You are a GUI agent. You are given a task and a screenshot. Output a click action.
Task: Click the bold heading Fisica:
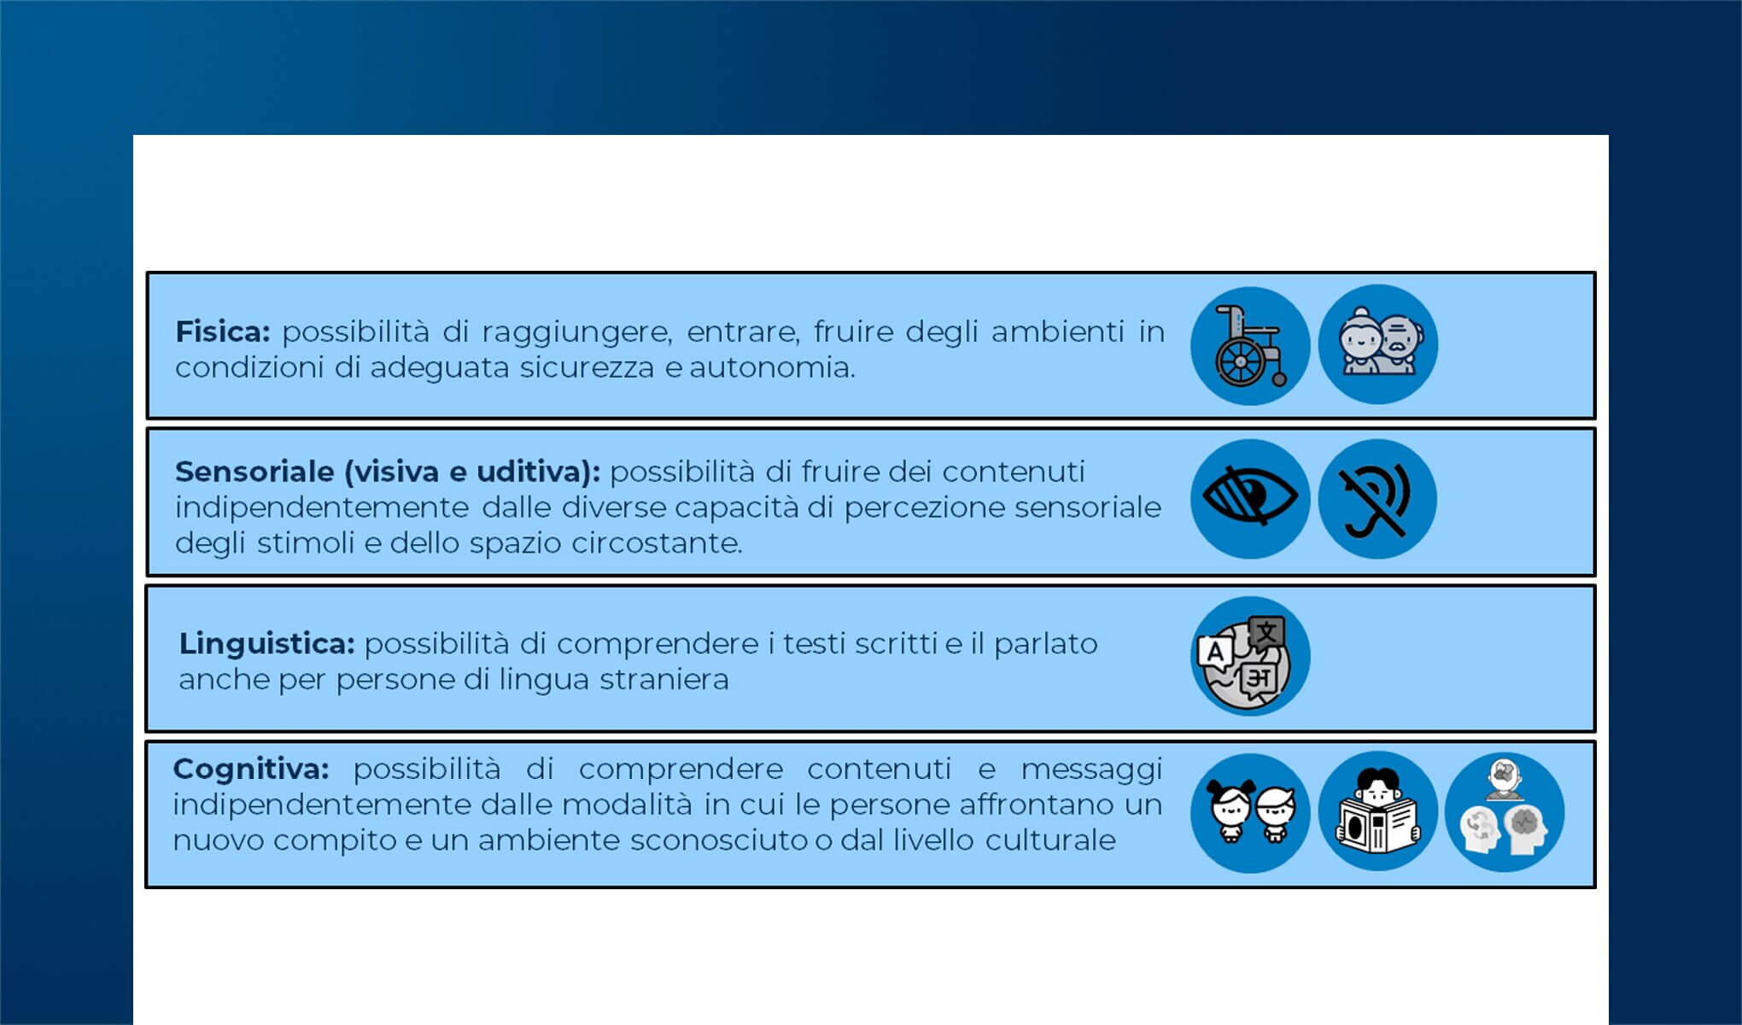222,331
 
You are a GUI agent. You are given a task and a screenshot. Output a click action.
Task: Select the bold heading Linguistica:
266,643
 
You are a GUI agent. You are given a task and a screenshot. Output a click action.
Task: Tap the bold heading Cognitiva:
250,769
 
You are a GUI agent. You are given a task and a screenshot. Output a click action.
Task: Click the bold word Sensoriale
254,471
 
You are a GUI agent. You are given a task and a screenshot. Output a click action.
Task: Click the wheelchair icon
1249,345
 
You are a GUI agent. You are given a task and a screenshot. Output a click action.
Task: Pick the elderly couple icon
1377,344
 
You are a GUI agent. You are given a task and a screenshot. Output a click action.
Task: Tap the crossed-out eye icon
1249,498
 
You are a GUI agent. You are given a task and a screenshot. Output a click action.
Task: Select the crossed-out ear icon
1377,499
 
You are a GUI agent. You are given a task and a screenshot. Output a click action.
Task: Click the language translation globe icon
1249,656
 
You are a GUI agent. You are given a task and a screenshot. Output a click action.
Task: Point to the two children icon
1249,812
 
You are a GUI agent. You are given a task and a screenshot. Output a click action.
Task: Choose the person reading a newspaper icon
1377,812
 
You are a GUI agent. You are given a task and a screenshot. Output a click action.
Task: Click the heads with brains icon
1505,812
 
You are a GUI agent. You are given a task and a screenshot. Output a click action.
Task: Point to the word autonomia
772,367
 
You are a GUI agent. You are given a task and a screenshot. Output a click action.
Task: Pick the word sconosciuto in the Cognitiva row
719,840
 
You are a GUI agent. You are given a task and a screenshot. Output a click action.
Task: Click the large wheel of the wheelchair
1239,363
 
